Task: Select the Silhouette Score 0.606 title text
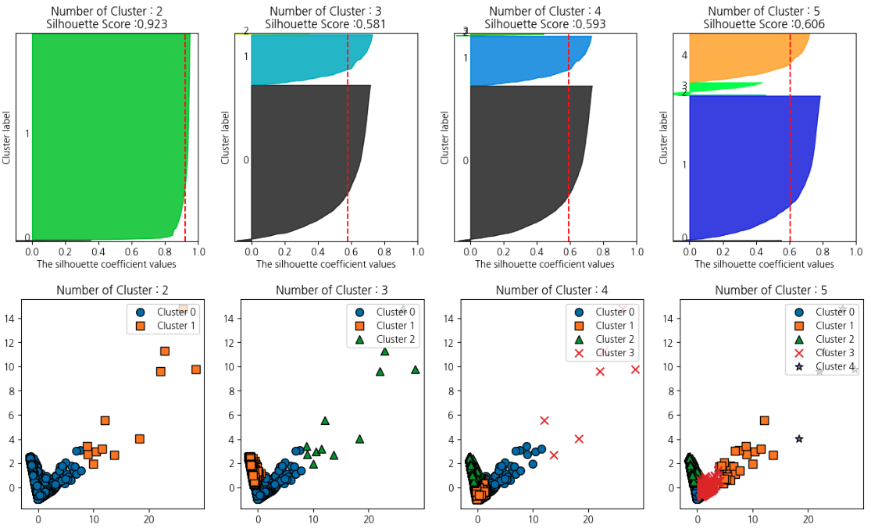click(764, 24)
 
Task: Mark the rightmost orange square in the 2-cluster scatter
click(196, 369)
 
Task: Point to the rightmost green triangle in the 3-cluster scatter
click(416, 369)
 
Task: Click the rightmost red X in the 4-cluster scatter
click(635, 369)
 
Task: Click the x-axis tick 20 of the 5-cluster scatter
click(809, 519)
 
